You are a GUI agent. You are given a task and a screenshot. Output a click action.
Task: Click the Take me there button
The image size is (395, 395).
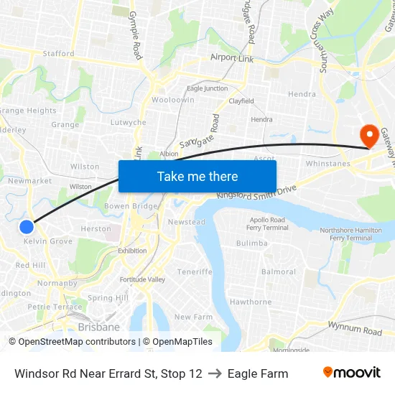pyautogui.click(x=197, y=176)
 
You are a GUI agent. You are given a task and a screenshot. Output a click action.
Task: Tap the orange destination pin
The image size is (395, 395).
pyautogui.click(x=371, y=134)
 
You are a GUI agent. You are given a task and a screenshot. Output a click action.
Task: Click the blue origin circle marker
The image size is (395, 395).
pyautogui.click(x=27, y=227)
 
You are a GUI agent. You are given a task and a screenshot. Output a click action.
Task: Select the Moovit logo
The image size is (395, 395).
pyautogui.click(x=351, y=373)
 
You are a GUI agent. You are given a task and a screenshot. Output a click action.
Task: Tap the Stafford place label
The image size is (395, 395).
pyautogui.click(x=58, y=53)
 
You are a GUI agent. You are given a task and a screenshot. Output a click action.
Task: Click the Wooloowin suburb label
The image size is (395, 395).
pyautogui.click(x=173, y=101)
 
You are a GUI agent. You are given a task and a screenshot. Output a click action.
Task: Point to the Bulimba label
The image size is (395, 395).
pyautogui.click(x=251, y=243)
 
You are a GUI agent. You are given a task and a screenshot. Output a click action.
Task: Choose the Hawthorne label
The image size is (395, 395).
pyautogui.click(x=250, y=302)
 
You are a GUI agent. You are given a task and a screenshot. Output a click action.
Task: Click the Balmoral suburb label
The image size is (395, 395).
pyautogui.click(x=279, y=272)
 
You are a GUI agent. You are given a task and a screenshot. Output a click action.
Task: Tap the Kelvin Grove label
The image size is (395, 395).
pyautogui.click(x=48, y=241)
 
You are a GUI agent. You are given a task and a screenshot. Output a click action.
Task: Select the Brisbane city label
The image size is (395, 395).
pyautogui.click(x=99, y=327)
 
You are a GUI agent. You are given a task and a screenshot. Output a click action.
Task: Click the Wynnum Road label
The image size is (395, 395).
pyautogui.click(x=355, y=330)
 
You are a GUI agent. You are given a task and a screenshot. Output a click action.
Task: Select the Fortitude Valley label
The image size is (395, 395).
pyautogui.click(x=142, y=279)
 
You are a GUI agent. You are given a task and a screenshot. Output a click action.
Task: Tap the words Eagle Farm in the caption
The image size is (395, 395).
pyautogui.click(x=258, y=373)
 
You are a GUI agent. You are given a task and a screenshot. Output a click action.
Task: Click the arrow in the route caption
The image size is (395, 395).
pyautogui.click(x=215, y=373)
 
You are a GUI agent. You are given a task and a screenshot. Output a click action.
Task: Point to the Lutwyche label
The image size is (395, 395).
pyautogui.click(x=129, y=123)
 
